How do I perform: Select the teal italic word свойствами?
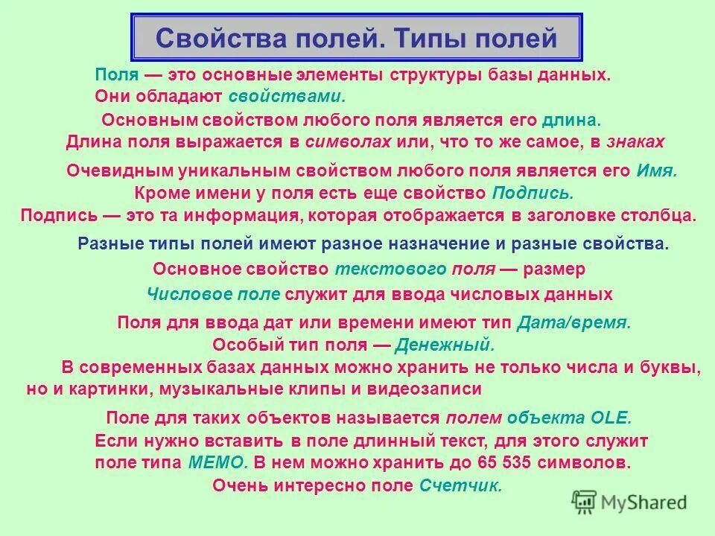tap(287, 96)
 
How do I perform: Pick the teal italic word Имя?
tap(655, 170)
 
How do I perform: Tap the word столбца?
tap(659, 216)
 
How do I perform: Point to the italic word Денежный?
tap(444, 345)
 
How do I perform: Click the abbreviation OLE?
tap(610, 418)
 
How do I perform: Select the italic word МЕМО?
tap(217, 462)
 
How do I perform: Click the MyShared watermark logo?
tap(629, 502)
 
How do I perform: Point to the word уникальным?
tap(228, 170)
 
